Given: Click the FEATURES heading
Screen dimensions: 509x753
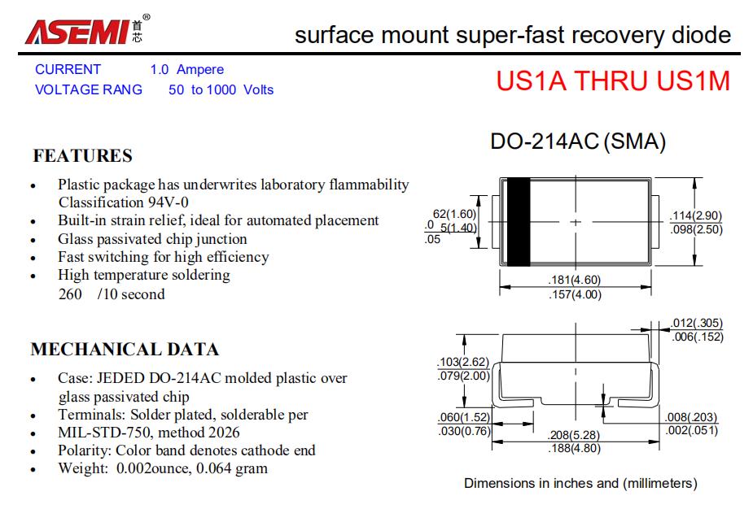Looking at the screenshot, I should point(82,155).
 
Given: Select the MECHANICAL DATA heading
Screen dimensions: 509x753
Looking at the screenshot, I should point(125,350).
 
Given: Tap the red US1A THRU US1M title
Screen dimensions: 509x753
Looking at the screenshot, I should point(613,81).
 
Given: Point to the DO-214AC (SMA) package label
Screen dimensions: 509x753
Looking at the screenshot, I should point(577,142).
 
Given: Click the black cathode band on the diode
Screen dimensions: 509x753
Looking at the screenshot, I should point(518,221).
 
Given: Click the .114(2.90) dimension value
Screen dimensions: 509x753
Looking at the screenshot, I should point(695,216).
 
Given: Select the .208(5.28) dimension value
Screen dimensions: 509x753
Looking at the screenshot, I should point(575,436).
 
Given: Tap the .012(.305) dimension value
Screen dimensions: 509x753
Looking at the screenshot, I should point(697,324).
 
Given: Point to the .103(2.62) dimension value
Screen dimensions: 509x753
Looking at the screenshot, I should point(463,362).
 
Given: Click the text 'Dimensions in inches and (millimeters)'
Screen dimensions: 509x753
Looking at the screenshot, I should point(580,483).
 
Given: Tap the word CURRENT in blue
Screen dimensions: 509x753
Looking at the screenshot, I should point(68,70).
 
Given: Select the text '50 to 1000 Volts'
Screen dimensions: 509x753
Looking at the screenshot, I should point(221,90).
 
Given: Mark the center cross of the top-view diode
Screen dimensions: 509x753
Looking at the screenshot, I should point(576,221).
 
